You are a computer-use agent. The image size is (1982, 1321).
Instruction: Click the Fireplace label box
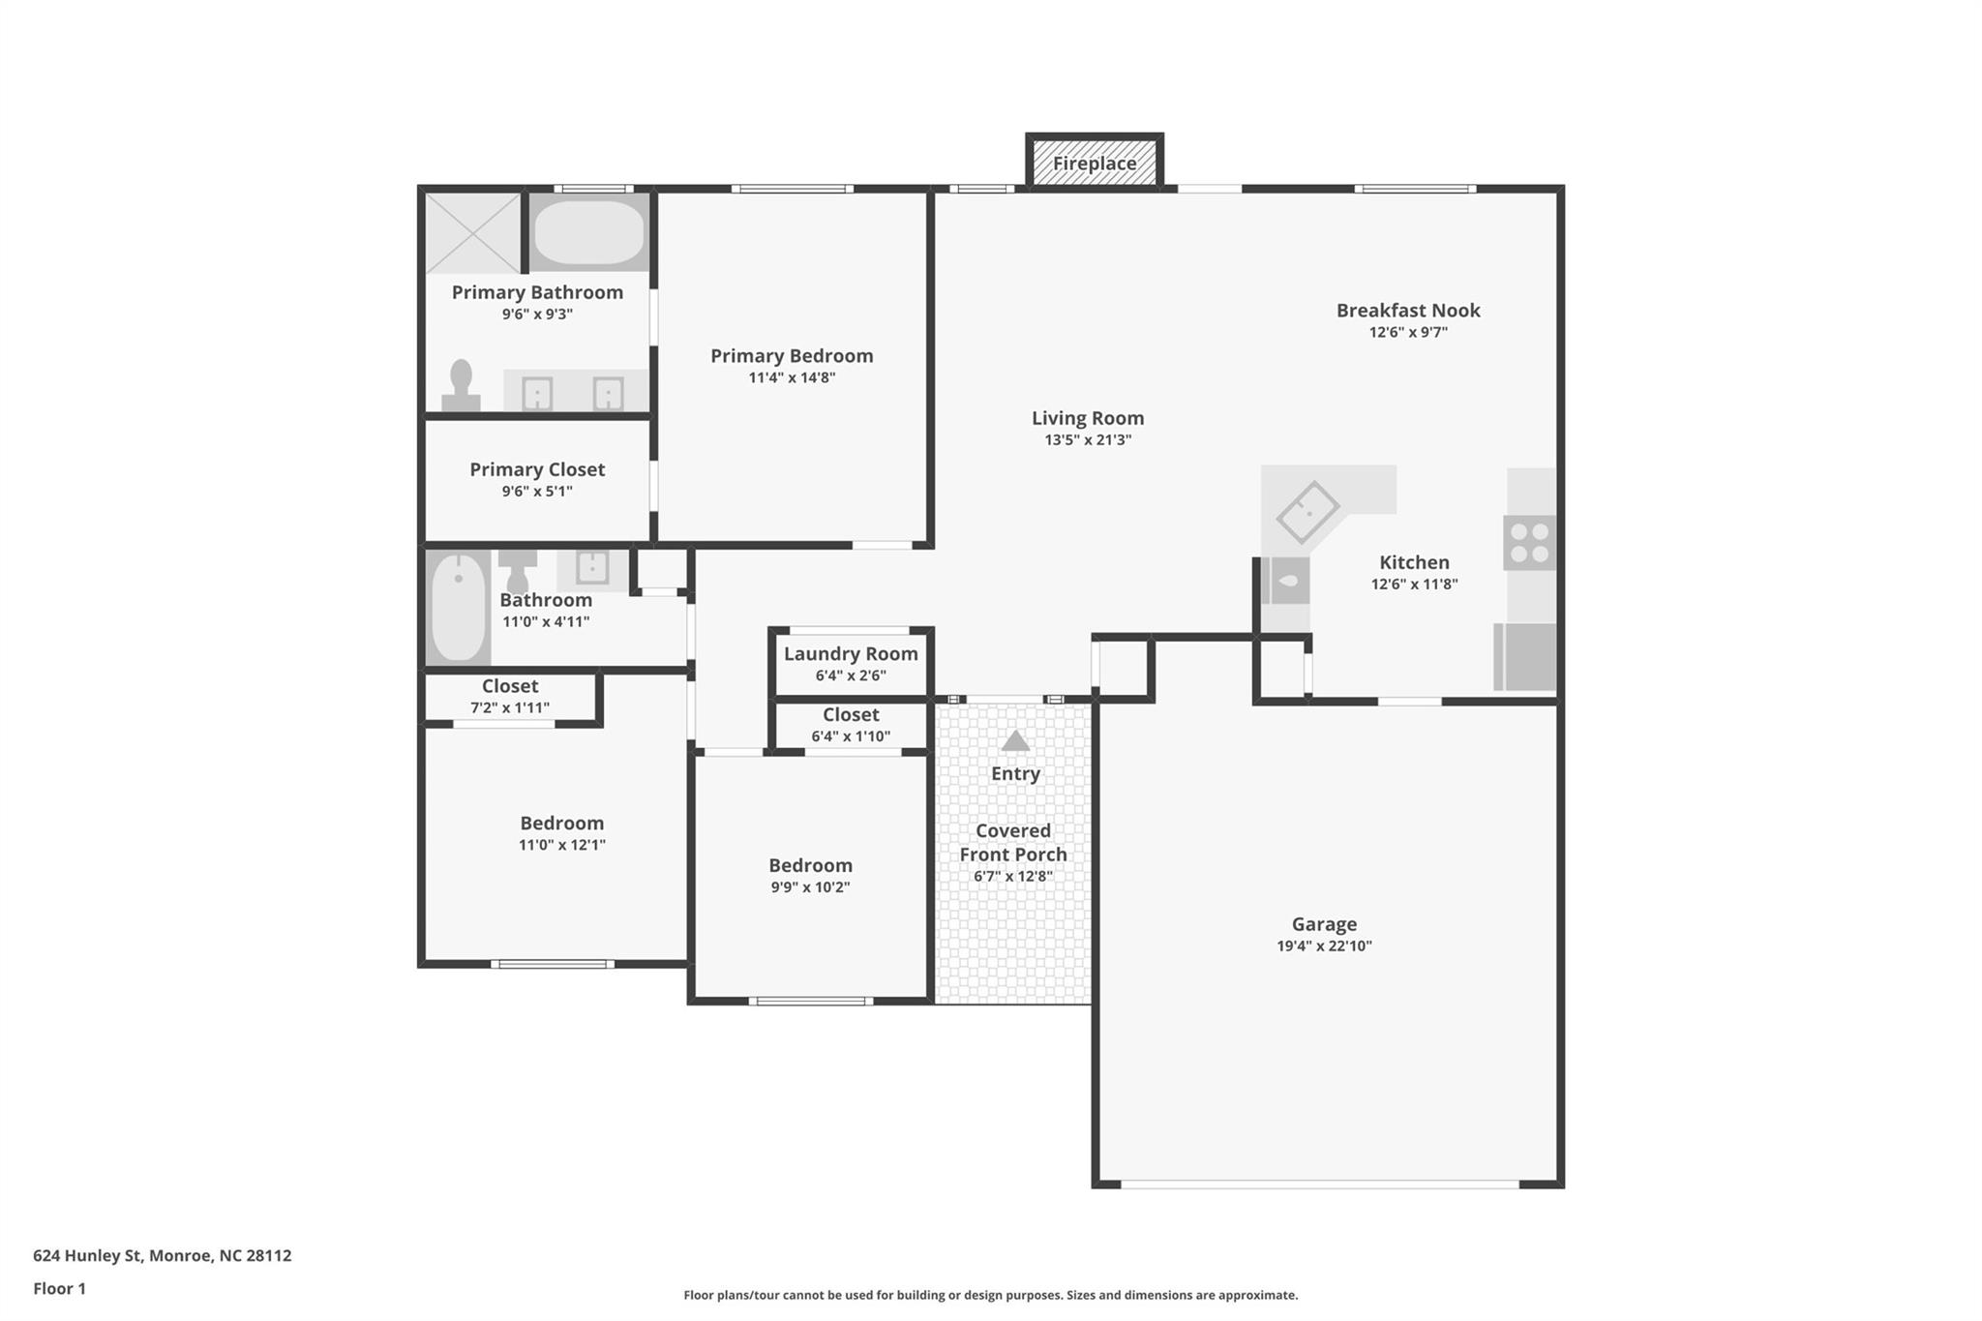[1095, 163]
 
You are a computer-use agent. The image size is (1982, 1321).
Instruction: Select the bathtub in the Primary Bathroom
[588, 232]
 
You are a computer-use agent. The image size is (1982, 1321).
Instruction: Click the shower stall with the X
[474, 232]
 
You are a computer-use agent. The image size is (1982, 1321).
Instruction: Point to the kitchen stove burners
[1529, 543]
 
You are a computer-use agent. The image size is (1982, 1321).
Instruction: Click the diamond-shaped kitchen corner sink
[1307, 512]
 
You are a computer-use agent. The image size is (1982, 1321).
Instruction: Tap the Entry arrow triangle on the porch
[1015, 741]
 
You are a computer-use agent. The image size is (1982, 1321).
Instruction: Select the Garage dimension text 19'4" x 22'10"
[1324, 946]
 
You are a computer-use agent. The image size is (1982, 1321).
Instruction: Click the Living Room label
[1088, 418]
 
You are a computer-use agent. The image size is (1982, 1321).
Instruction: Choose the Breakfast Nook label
[1408, 311]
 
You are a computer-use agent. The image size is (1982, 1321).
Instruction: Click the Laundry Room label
[851, 654]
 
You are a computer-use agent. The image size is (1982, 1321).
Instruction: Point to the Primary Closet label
[537, 469]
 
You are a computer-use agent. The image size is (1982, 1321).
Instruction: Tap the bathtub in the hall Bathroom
[458, 607]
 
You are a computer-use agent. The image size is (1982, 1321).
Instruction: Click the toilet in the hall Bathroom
[518, 571]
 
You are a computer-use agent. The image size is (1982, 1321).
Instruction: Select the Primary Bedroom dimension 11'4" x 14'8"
[792, 377]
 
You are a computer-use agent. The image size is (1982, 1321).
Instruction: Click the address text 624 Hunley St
[87, 1255]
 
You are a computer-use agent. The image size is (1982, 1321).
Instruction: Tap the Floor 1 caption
[59, 1288]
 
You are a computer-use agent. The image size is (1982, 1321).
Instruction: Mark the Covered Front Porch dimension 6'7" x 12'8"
[1013, 877]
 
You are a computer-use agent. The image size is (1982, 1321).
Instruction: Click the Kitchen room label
[1414, 562]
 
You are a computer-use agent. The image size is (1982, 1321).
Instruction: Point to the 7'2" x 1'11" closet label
[510, 707]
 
